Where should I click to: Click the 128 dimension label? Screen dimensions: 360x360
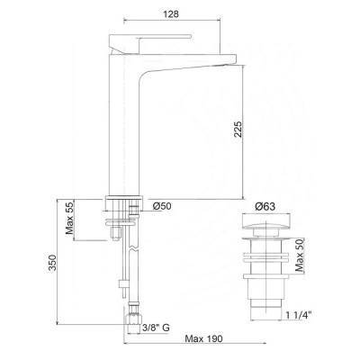pos(171,14)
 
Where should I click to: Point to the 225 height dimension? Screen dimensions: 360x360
pos(238,130)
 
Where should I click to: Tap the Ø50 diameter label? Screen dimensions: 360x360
pos(162,206)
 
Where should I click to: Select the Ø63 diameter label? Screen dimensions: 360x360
pos(265,206)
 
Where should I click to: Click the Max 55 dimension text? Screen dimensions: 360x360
pos(70,217)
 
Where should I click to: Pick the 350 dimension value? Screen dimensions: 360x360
pos(52,263)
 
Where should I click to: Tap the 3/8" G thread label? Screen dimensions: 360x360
pos(156,328)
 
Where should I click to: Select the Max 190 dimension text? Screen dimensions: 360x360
pos(204,338)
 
